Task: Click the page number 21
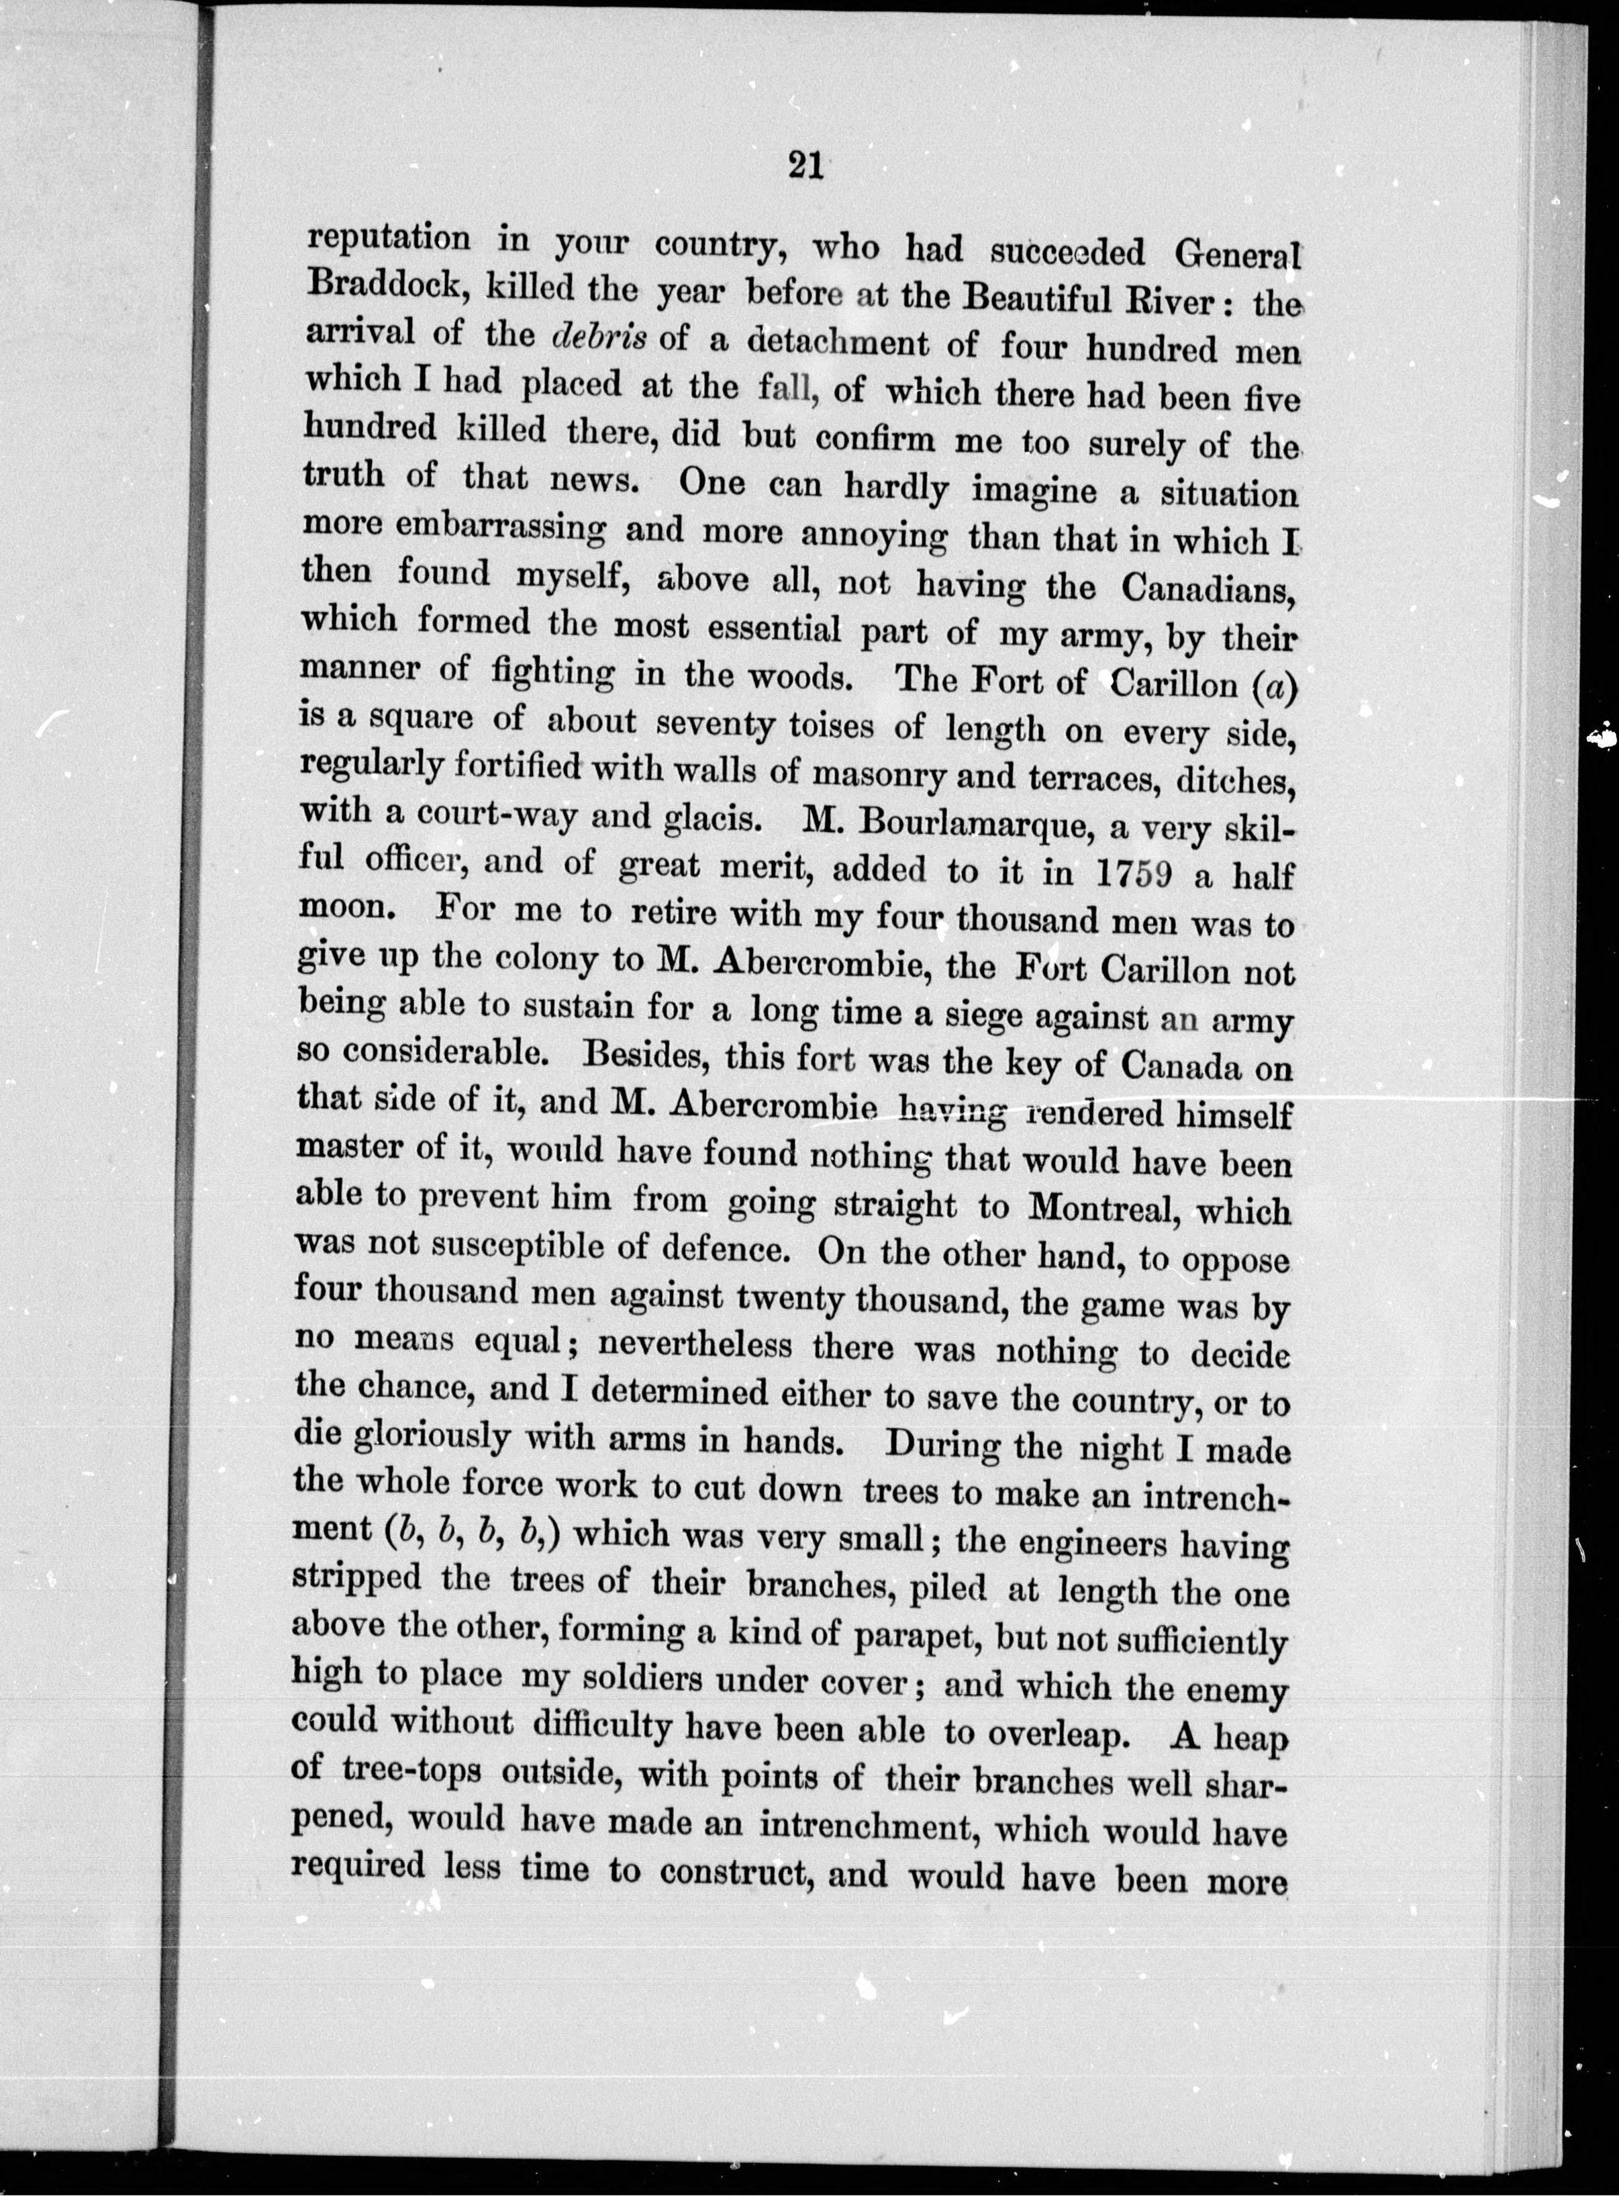803,167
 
